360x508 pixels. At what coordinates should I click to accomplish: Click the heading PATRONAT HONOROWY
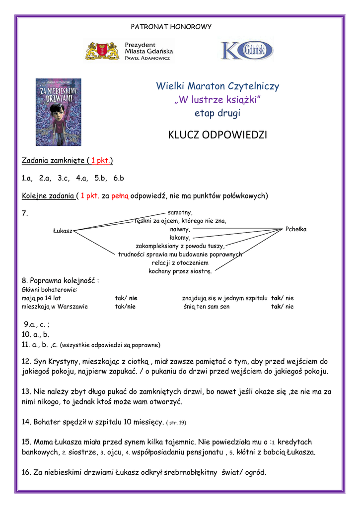click(171, 26)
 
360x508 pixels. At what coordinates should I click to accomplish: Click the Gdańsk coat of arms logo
click(102, 51)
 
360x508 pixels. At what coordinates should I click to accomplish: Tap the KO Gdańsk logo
click(246, 51)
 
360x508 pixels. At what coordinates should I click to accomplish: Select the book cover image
click(58, 112)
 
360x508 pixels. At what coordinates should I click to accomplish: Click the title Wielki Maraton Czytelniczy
click(217, 86)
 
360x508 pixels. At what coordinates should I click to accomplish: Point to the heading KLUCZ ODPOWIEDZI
click(217, 135)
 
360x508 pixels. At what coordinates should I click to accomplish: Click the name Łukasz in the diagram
click(63, 231)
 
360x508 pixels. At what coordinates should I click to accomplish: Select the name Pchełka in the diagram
click(296, 229)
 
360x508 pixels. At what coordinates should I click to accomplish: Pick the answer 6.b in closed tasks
click(118, 178)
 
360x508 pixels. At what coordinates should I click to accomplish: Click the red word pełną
click(120, 195)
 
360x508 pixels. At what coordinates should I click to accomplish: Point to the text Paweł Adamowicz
click(147, 58)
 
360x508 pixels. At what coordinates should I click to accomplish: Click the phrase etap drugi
click(217, 113)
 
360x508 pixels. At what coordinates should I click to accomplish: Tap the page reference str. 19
click(177, 423)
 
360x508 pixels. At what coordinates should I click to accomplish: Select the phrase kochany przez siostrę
click(180, 271)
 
